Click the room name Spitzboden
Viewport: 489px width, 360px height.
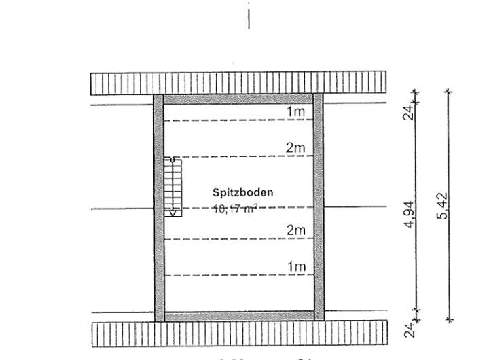pyautogui.click(x=242, y=193)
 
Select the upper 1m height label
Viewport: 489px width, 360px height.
pyautogui.click(x=295, y=111)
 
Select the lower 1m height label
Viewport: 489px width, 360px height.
pyautogui.click(x=295, y=266)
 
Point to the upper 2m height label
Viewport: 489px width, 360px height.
pyautogui.click(x=295, y=148)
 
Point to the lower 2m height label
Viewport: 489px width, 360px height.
pyautogui.click(x=295, y=230)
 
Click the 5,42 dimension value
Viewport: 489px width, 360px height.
pyautogui.click(x=445, y=205)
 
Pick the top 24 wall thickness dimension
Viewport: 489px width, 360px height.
pyautogui.click(x=410, y=112)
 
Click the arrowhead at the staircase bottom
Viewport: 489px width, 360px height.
pyautogui.click(x=173, y=213)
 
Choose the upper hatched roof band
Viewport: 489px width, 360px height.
pyautogui.click(x=239, y=83)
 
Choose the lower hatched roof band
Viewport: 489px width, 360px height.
pyautogui.click(x=239, y=334)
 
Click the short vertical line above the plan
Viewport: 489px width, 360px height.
pyautogui.click(x=249, y=16)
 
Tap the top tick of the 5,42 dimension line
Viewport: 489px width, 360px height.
pyautogui.click(x=449, y=91)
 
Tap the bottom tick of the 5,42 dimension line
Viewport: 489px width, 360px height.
pyautogui.click(x=449, y=320)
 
